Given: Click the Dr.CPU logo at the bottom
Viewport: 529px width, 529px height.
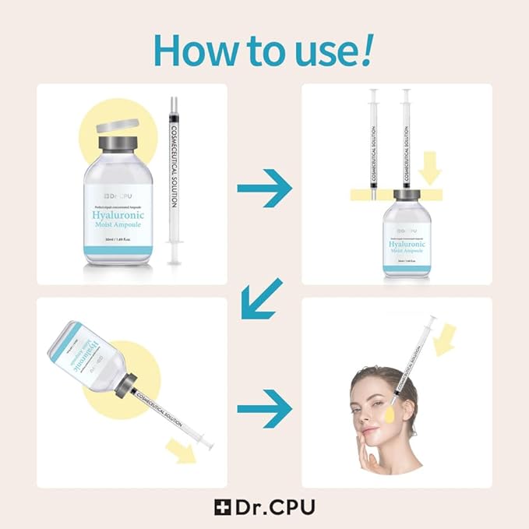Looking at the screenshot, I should tap(265, 506).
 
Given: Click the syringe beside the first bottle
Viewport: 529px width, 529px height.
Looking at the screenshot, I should tap(175, 179).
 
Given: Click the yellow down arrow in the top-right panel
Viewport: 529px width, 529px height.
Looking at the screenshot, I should tap(429, 167).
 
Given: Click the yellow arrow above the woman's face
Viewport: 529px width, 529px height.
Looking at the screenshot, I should tap(445, 340).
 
